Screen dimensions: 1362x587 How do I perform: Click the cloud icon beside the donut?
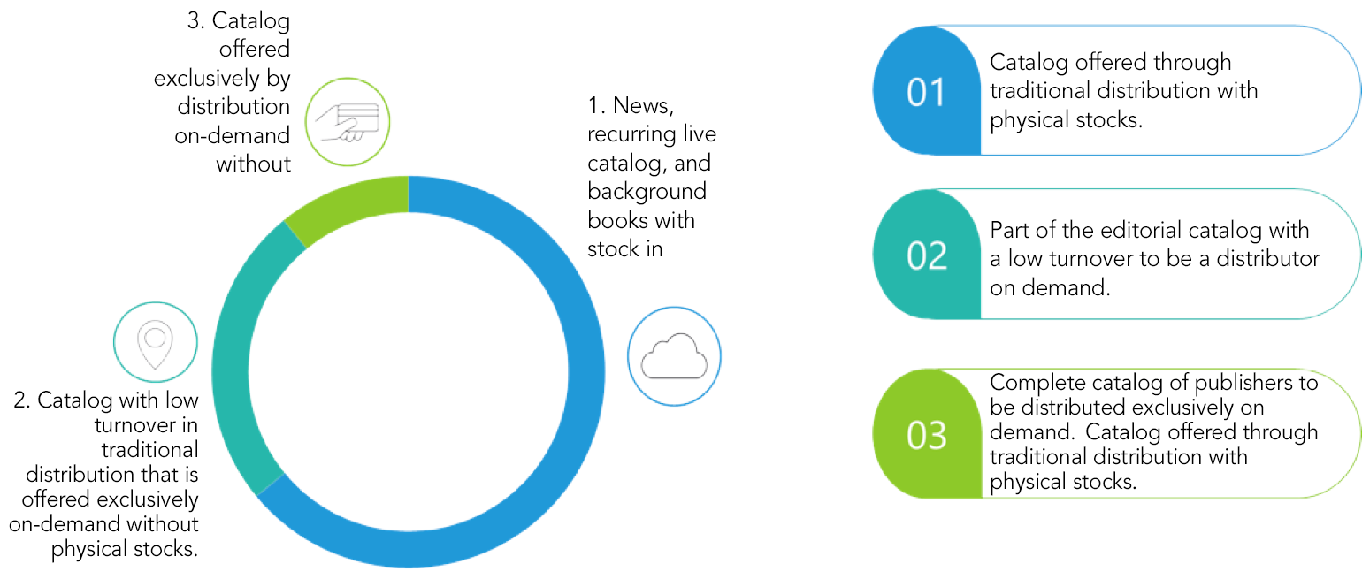(674, 356)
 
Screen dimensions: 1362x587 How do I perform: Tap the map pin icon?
(155, 344)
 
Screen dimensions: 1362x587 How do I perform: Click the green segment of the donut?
(340, 203)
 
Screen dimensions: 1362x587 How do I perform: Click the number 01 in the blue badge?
(926, 92)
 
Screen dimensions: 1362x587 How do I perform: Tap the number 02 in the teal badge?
(926, 255)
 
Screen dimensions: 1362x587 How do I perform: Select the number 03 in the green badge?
(926, 435)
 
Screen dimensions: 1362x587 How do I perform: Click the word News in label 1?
(643, 106)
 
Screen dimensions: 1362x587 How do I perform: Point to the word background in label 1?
(647, 192)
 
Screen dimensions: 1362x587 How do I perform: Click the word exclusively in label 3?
(207, 79)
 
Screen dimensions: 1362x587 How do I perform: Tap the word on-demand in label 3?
(233, 135)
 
